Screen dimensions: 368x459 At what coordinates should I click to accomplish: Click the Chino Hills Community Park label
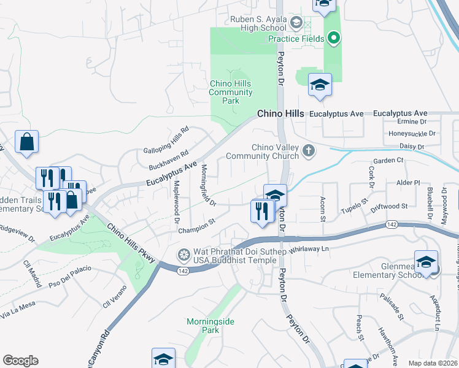pyautogui.click(x=231, y=93)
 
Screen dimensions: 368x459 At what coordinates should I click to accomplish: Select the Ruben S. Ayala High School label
pyautogui.click(x=258, y=23)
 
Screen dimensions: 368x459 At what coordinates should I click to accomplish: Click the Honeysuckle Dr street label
pyautogui.click(x=412, y=133)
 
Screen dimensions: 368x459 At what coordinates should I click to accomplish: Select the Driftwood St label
pyautogui.click(x=389, y=207)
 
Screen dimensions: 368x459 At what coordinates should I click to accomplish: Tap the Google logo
pyautogui.click(x=20, y=361)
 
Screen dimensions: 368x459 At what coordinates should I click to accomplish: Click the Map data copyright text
pyautogui.click(x=433, y=363)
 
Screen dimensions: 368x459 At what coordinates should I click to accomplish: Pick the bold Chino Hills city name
pyautogui.click(x=280, y=114)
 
